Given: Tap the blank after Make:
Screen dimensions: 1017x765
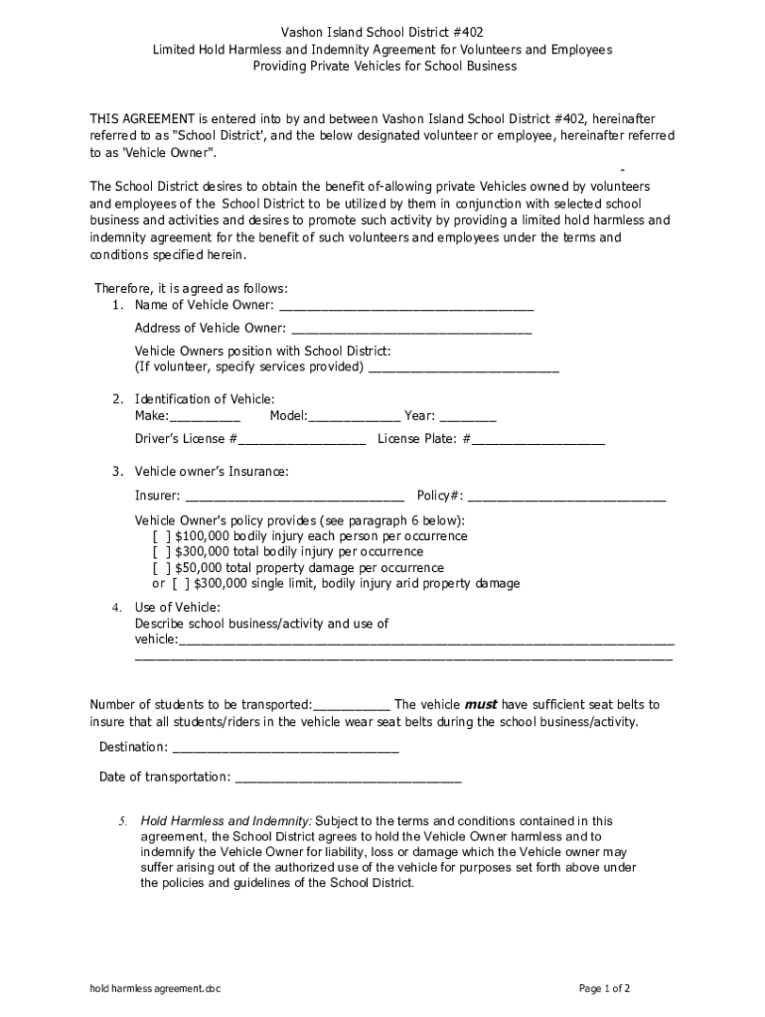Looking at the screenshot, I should coord(205,417).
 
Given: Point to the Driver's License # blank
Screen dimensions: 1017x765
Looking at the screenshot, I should coord(302,440).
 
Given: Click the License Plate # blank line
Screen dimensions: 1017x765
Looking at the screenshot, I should coord(537,440).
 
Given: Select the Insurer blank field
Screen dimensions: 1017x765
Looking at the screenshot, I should coord(295,496).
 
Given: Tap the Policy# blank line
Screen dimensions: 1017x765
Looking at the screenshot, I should coord(566,496).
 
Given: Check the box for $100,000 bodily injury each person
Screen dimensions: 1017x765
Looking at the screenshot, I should coord(162,536).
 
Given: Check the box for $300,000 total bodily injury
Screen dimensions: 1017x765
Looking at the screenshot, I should coord(162,552).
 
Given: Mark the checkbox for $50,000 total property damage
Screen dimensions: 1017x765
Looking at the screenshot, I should coord(162,568).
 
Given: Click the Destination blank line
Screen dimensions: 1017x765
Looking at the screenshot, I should coord(285,748).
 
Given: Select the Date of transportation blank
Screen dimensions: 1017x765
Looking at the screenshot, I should coord(348,778).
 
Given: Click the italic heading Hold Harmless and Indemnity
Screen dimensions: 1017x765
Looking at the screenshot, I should coord(227,821).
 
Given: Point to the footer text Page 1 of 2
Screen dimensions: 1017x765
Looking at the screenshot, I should coord(604,988).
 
